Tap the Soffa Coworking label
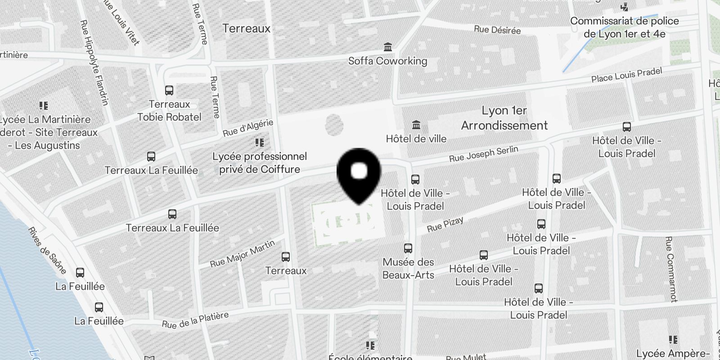point(387,61)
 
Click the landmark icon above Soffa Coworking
point(387,47)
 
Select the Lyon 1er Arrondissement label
point(504,118)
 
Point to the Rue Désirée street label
point(497,30)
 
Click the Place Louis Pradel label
point(626,75)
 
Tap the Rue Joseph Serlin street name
point(483,154)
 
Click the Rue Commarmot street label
point(670,269)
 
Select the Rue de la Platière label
point(195,320)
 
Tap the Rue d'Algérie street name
point(248,128)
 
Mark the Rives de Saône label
point(47,251)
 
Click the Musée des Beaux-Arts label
point(408,269)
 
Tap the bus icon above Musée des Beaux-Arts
point(408,248)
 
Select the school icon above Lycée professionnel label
point(259,143)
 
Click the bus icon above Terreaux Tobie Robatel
point(169,90)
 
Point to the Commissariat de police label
point(624,27)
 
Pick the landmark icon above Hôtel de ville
point(416,125)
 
